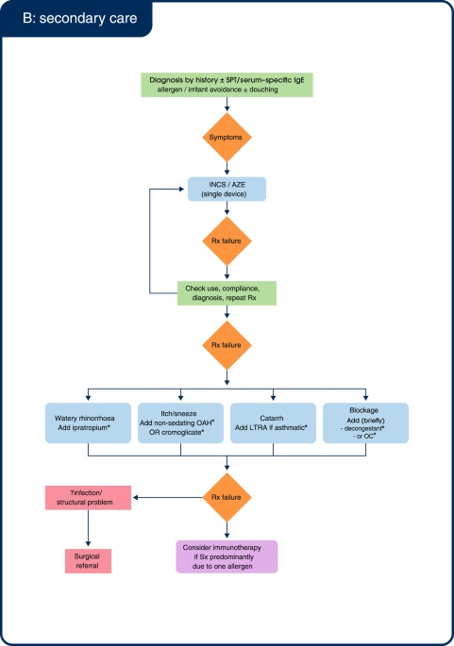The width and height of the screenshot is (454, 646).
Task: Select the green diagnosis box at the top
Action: tap(226, 83)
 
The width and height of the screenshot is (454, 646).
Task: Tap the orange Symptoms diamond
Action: tap(226, 137)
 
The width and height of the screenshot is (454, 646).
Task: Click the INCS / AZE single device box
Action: tap(226, 187)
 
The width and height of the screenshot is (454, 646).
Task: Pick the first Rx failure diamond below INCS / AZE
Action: tap(226, 240)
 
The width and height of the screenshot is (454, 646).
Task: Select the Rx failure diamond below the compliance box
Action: tap(226, 345)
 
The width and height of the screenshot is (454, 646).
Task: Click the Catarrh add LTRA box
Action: tap(272, 423)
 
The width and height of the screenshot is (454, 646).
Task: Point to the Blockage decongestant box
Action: tap(365, 423)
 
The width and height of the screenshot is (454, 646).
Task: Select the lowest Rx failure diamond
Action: tap(226, 496)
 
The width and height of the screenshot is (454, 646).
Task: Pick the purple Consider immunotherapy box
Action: tap(226, 556)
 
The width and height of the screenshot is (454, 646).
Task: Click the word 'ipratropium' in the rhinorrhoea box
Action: tap(97, 430)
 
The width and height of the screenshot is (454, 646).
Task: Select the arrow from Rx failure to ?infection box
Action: tap(165, 496)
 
